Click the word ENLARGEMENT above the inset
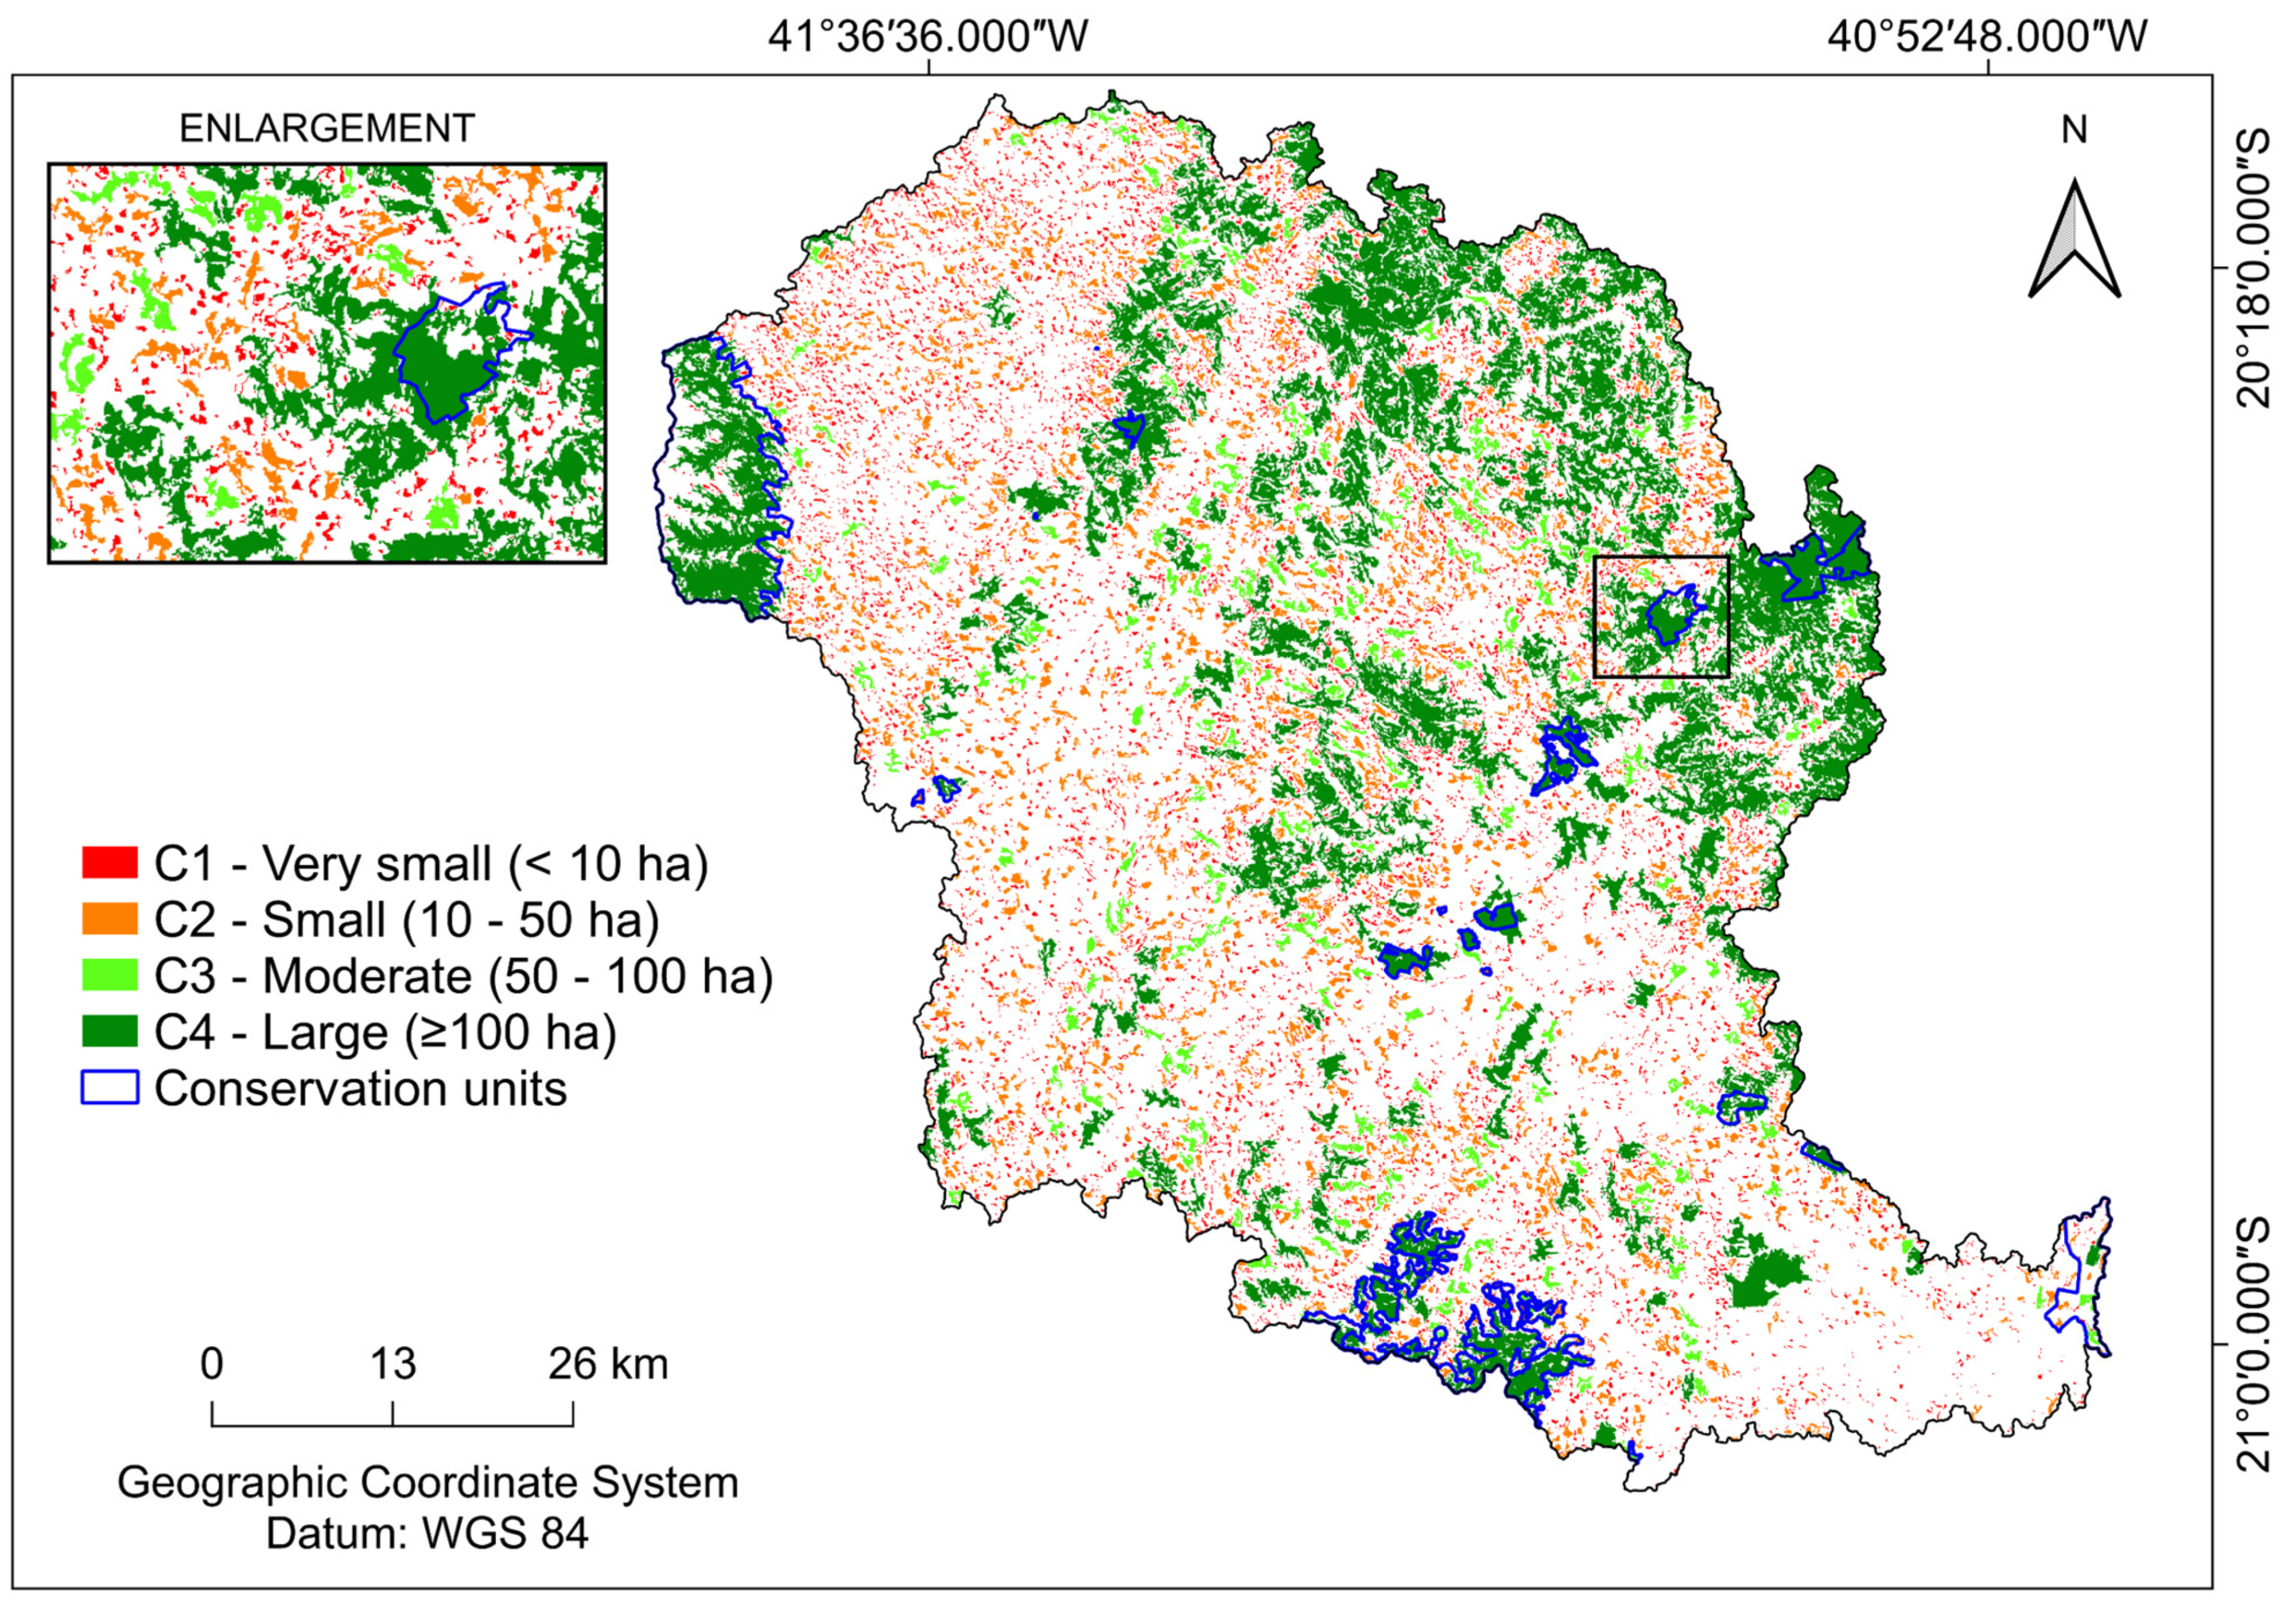[326, 129]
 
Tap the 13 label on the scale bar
[393, 1365]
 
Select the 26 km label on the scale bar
[607, 1365]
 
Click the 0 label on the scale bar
[212, 1365]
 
